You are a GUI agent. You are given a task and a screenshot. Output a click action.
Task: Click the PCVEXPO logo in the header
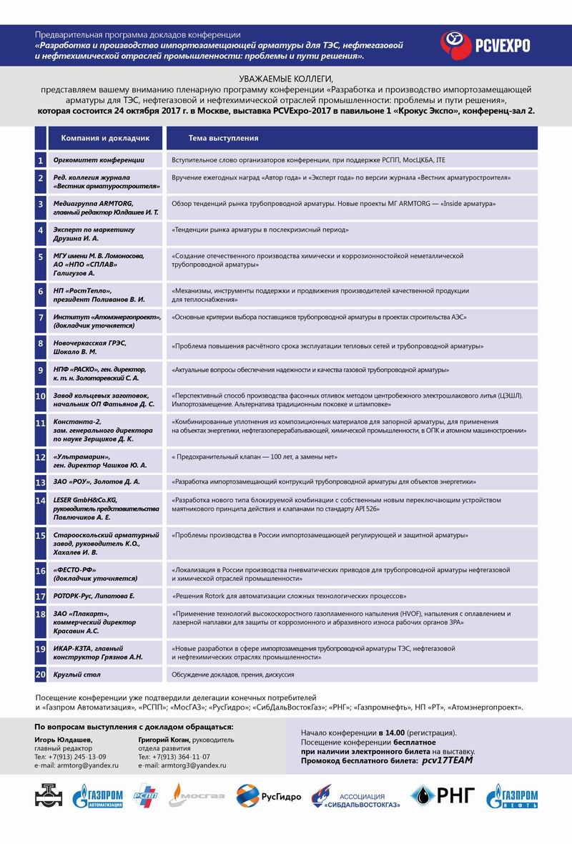tap(484, 44)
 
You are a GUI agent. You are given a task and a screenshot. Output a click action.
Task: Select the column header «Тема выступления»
tap(224, 137)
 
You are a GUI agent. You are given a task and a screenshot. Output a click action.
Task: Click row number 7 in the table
tap(41, 319)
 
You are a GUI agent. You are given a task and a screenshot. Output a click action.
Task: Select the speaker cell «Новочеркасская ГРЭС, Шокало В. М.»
tap(98, 347)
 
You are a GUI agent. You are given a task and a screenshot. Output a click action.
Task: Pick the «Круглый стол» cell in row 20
tap(77, 674)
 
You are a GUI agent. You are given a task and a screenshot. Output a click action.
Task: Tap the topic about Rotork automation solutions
tap(290, 595)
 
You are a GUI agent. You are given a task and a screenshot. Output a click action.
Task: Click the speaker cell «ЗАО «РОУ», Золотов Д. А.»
tap(97, 481)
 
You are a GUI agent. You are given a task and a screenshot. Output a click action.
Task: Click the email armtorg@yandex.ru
tap(70, 765)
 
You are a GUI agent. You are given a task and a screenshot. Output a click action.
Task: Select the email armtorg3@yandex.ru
tap(182, 765)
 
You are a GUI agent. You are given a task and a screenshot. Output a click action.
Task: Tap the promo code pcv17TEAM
tap(447, 760)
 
